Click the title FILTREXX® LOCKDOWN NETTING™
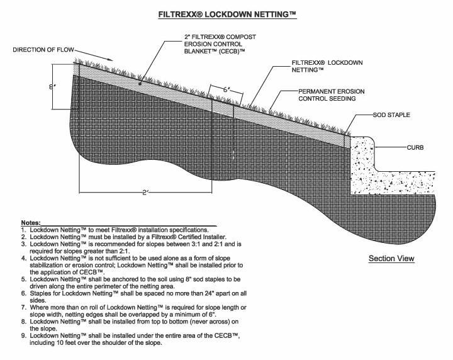227,14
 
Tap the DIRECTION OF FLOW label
43,50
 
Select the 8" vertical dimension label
52,87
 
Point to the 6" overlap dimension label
226,89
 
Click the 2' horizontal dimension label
145,192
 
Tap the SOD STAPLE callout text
391,115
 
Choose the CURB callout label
415,148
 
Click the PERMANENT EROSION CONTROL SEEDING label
332,95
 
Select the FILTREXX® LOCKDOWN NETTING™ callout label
327,66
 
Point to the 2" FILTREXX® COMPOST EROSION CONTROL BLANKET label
220,44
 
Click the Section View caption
391,258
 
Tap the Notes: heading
31,223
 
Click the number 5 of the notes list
23,279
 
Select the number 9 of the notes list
23,335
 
